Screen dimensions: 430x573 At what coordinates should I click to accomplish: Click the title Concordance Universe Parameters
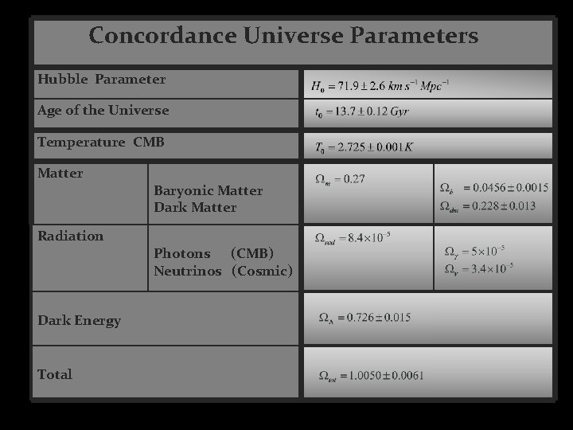point(283,37)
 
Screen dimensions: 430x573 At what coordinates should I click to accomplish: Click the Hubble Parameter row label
point(101,80)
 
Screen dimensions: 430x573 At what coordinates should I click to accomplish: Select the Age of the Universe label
point(103,111)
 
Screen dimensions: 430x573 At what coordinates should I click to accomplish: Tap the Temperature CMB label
point(100,143)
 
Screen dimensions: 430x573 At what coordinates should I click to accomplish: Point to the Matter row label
point(60,173)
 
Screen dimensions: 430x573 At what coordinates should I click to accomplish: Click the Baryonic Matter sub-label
point(208,191)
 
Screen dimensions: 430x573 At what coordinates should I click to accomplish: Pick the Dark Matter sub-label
point(195,208)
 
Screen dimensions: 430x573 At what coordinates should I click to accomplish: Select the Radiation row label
point(70,236)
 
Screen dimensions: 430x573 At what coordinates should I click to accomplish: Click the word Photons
point(182,254)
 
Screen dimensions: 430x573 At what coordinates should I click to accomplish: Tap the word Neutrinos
point(188,272)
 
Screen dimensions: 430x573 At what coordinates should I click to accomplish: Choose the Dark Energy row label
point(79,321)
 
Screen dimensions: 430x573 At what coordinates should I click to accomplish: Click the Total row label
point(55,374)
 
